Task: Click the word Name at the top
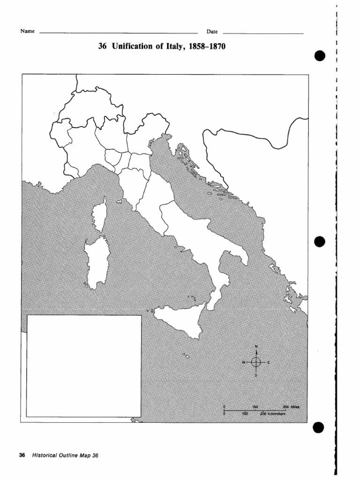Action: (27, 31)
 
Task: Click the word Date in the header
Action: (212, 31)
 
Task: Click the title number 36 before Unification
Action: (102, 47)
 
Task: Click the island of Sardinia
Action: (97, 262)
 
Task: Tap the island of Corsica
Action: (99, 215)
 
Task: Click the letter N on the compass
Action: (256, 346)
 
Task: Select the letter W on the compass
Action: (244, 362)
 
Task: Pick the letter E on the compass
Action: (269, 362)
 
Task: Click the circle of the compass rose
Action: (256, 362)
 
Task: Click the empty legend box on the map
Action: (84, 366)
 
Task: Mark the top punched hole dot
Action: (320, 56)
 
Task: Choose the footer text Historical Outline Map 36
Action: (66, 455)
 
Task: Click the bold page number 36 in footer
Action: (22, 455)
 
